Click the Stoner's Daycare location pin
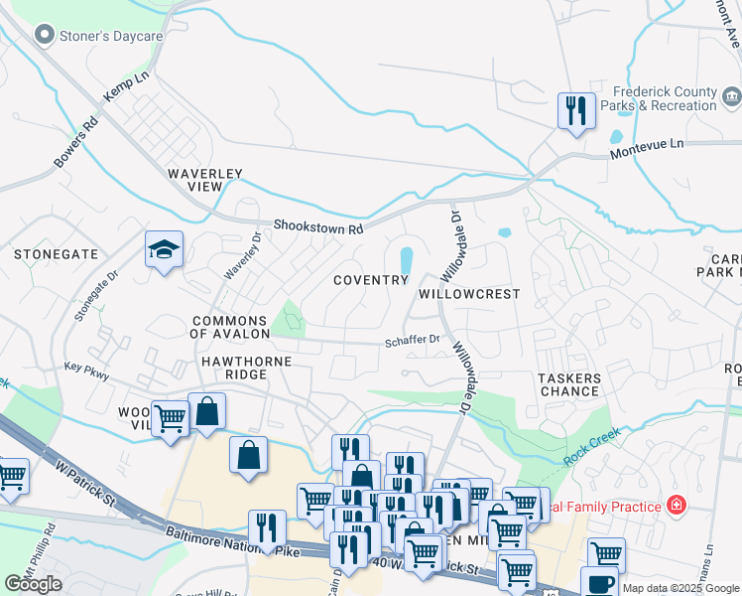coord(44,36)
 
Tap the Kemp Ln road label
coord(125,85)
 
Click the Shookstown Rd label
coord(318,227)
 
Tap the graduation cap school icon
coord(164,250)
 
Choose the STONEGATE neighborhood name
coord(57,254)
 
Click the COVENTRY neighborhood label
coord(370,280)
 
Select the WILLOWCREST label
coord(469,295)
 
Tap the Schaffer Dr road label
coord(413,340)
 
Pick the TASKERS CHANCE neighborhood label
coord(569,384)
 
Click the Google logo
coord(34,584)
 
